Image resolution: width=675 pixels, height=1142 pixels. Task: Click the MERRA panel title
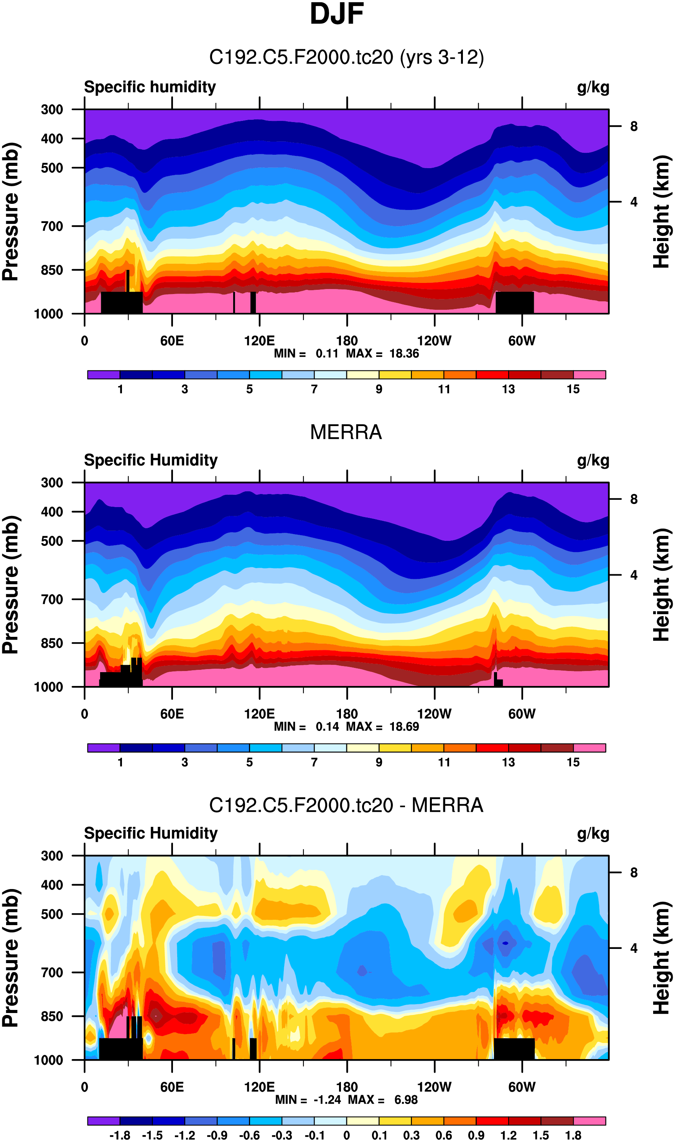point(346,432)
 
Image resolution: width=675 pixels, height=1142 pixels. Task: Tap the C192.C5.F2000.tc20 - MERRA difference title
point(346,805)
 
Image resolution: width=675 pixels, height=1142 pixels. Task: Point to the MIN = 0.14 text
point(306,727)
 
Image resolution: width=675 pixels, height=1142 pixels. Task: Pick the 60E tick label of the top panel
point(172,341)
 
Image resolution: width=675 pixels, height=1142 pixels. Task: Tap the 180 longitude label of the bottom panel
point(347,1087)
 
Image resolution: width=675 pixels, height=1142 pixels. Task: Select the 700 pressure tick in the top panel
point(52,226)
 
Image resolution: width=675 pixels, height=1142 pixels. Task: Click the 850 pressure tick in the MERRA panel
point(52,643)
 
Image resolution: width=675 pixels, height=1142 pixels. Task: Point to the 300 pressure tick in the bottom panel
point(52,856)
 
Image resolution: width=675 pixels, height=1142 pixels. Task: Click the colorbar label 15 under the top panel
point(573,389)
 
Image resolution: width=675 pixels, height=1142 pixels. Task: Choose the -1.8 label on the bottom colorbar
point(120,1135)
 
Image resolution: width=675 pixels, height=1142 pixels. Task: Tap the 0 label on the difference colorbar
point(347,1135)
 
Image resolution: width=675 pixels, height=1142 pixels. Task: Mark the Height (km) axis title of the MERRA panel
point(662,585)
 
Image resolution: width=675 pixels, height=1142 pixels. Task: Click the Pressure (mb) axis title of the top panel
point(11,212)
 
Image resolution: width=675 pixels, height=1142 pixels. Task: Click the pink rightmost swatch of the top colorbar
point(589,375)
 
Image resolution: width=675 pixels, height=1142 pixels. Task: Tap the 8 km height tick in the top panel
point(634,127)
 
